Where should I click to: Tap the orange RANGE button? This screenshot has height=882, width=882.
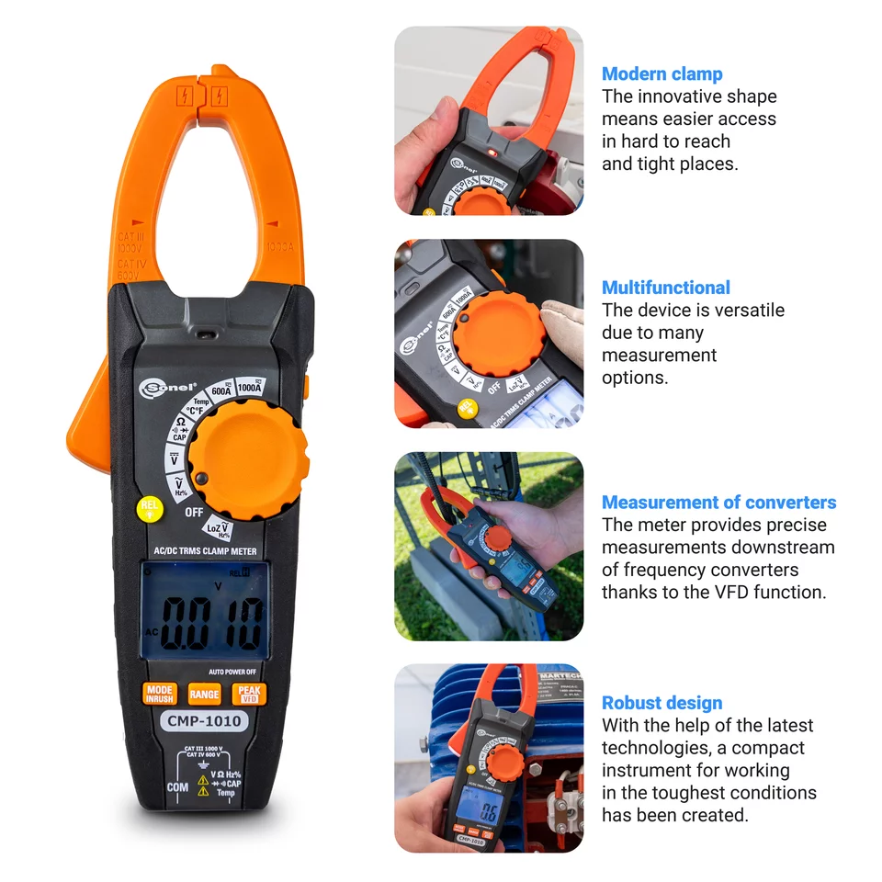tap(204, 695)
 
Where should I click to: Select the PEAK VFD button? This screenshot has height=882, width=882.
tap(248, 695)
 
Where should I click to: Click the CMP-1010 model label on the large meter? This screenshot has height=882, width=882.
tap(203, 721)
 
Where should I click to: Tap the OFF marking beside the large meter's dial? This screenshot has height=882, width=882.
tap(194, 512)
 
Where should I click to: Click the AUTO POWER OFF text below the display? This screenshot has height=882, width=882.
tap(232, 672)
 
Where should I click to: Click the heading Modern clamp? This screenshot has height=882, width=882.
tap(661, 74)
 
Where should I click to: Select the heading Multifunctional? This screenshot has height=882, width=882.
tap(665, 288)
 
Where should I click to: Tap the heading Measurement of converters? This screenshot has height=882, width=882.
tap(718, 503)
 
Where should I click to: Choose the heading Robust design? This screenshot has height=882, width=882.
tap(661, 703)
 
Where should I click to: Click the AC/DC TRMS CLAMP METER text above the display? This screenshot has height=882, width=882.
tap(204, 551)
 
